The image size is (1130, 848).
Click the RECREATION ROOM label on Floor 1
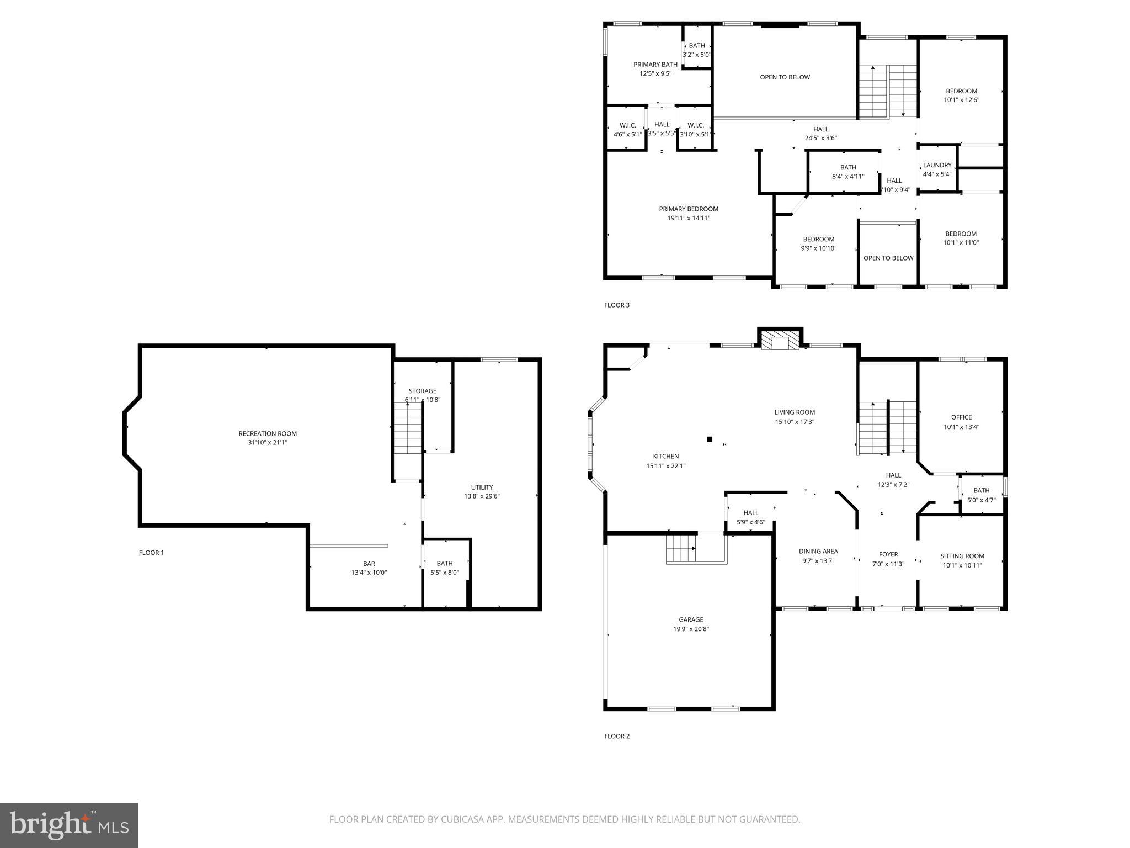[x=268, y=433]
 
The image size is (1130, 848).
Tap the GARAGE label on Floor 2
[x=691, y=619]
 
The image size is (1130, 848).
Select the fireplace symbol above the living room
[x=780, y=340]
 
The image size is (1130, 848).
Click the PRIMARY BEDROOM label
[x=689, y=209]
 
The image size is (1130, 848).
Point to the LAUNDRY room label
[x=937, y=165]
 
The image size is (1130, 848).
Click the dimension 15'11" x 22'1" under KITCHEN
[x=666, y=465]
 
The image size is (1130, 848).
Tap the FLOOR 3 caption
[x=616, y=305]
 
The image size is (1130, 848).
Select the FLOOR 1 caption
[x=151, y=553]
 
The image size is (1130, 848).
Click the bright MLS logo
[x=69, y=825]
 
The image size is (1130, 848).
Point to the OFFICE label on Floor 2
[x=961, y=417]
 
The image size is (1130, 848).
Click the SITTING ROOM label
[x=962, y=556]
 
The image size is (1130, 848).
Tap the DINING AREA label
[x=818, y=551]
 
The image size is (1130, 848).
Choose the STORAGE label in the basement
[x=423, y=391]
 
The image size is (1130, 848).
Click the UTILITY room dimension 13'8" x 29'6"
[x=482, y=496]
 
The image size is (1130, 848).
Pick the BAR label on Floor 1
[x=369, y=564]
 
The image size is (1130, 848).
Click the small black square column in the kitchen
[x=710, y=439]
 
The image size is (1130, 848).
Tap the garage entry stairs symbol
[x=680, y=549]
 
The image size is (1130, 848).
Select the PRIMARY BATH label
[x=655, y=65]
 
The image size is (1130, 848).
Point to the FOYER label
[x=888, y=554]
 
